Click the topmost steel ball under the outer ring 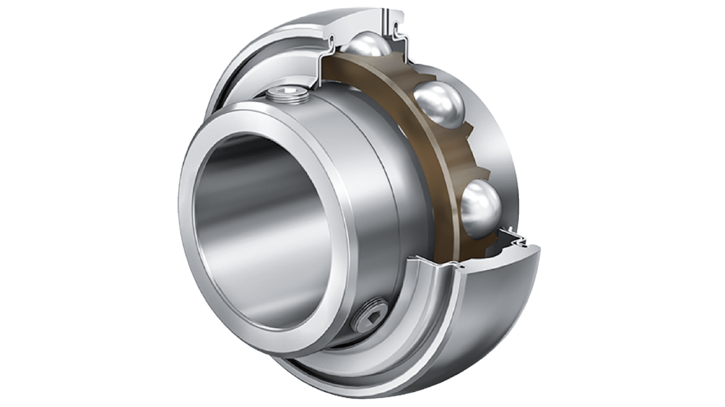[366, 45]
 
